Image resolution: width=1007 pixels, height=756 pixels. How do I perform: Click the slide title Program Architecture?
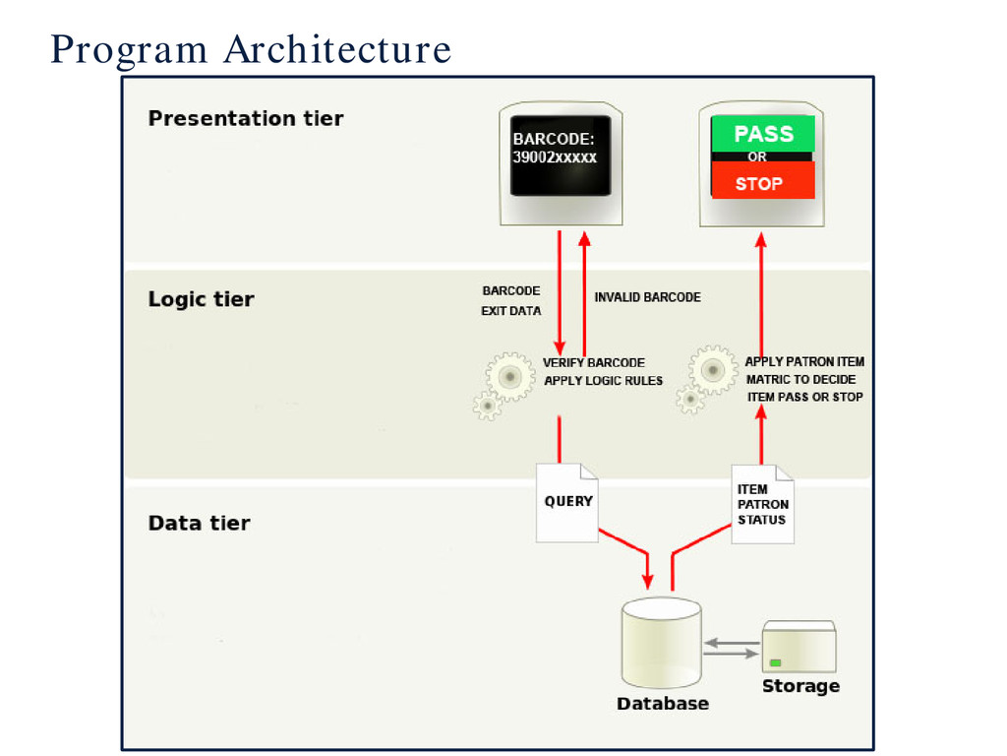tap(251, 49)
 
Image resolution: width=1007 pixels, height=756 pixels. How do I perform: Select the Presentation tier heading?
tap(245, 118)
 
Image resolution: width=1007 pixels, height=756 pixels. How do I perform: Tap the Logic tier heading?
tap(201, 299)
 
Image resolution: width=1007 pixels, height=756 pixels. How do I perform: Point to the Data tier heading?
tap(199, 523)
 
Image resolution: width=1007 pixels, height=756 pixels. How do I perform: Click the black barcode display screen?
tap(561, 156)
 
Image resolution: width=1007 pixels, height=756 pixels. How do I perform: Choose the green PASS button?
tap(763, 134)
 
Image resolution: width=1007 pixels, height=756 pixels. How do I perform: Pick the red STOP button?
tap(763, 180)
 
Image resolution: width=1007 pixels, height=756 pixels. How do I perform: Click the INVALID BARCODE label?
tap(647, 297)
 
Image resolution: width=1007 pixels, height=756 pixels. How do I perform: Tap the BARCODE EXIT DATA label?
tap(511, 301)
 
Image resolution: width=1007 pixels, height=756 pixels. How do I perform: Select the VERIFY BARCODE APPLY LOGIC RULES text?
tap(603, 371)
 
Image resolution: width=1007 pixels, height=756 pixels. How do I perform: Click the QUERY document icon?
tap(567, 503)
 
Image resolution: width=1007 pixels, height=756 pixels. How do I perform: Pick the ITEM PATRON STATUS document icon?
tap(762, 505)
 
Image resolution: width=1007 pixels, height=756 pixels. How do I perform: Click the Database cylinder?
tap(662, 643)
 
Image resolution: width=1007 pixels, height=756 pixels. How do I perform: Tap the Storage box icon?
tap(799, 647)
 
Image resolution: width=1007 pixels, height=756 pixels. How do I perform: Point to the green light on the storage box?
tap(776, 662)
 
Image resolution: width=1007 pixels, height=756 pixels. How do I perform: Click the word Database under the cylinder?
tap(663, 703)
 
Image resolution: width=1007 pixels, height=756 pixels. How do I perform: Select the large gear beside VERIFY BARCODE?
tap(510, 377)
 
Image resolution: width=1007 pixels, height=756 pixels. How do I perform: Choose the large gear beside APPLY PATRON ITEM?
tap(713, 370)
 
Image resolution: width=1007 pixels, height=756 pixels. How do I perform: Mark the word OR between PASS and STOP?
tap(757, 157)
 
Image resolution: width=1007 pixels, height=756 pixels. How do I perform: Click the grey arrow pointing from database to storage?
tap(731, 654)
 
